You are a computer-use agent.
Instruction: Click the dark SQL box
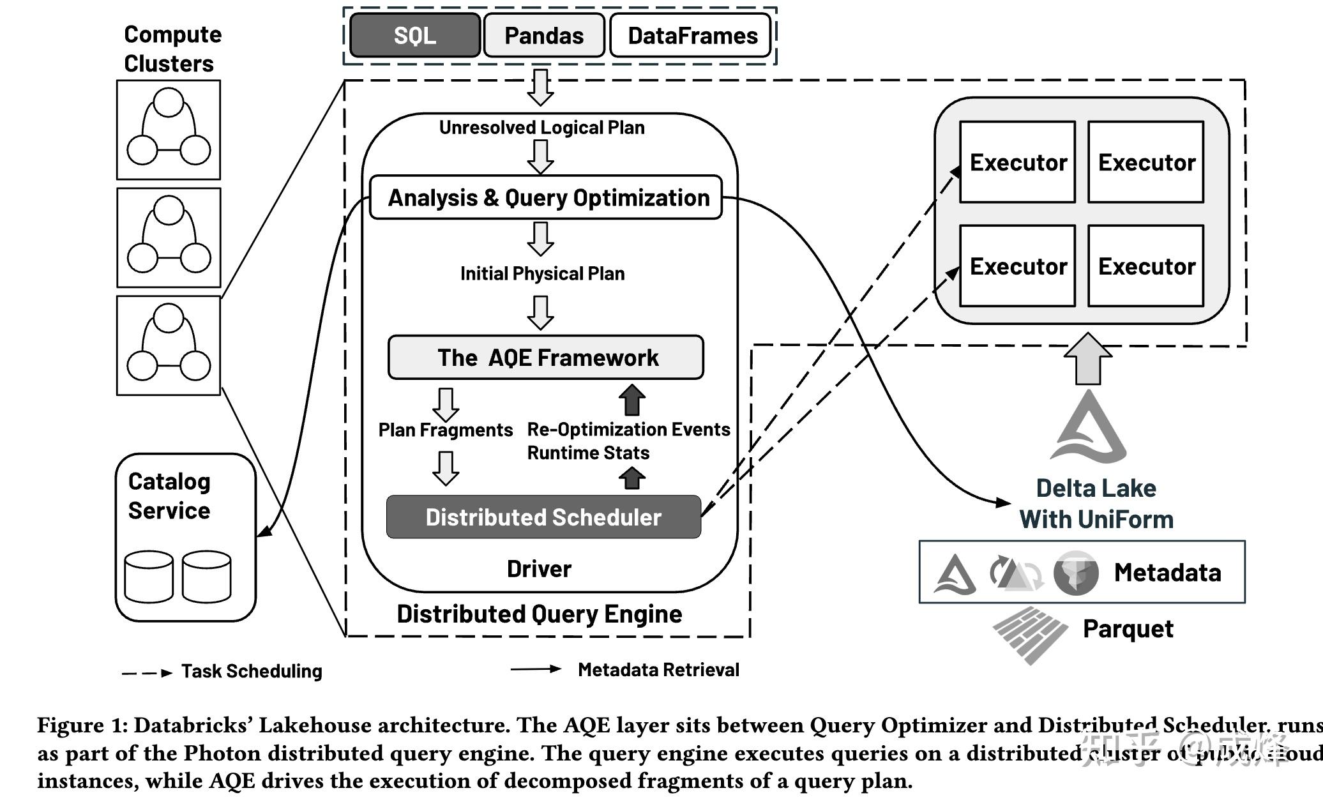pos(415,36)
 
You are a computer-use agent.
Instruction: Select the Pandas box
pos(544,36)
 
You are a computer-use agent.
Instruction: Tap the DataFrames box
pos(692,36)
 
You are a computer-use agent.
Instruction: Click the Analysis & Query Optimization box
pos(547,198)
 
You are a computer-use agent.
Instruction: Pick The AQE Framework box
pos(547,358)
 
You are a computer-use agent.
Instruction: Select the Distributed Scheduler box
pos(543,517)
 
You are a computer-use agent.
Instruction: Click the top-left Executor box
pos(1018,162)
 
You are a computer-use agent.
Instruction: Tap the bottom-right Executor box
pos(1146,266)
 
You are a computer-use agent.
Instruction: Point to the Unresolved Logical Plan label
pos(541,128)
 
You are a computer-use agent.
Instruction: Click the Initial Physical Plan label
pos(542,273)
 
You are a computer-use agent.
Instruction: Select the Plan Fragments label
pos(445,430)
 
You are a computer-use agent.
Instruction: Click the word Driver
pos(539,569)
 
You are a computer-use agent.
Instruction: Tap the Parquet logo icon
pos(1030,635)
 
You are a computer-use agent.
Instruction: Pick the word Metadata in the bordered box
pos(1167,573)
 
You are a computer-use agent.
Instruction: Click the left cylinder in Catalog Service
pos(149,577)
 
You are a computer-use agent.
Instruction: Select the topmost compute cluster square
pos(169,130)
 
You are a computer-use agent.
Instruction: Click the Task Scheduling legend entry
pos(251,671)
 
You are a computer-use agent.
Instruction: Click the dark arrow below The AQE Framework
pos(632,400)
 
